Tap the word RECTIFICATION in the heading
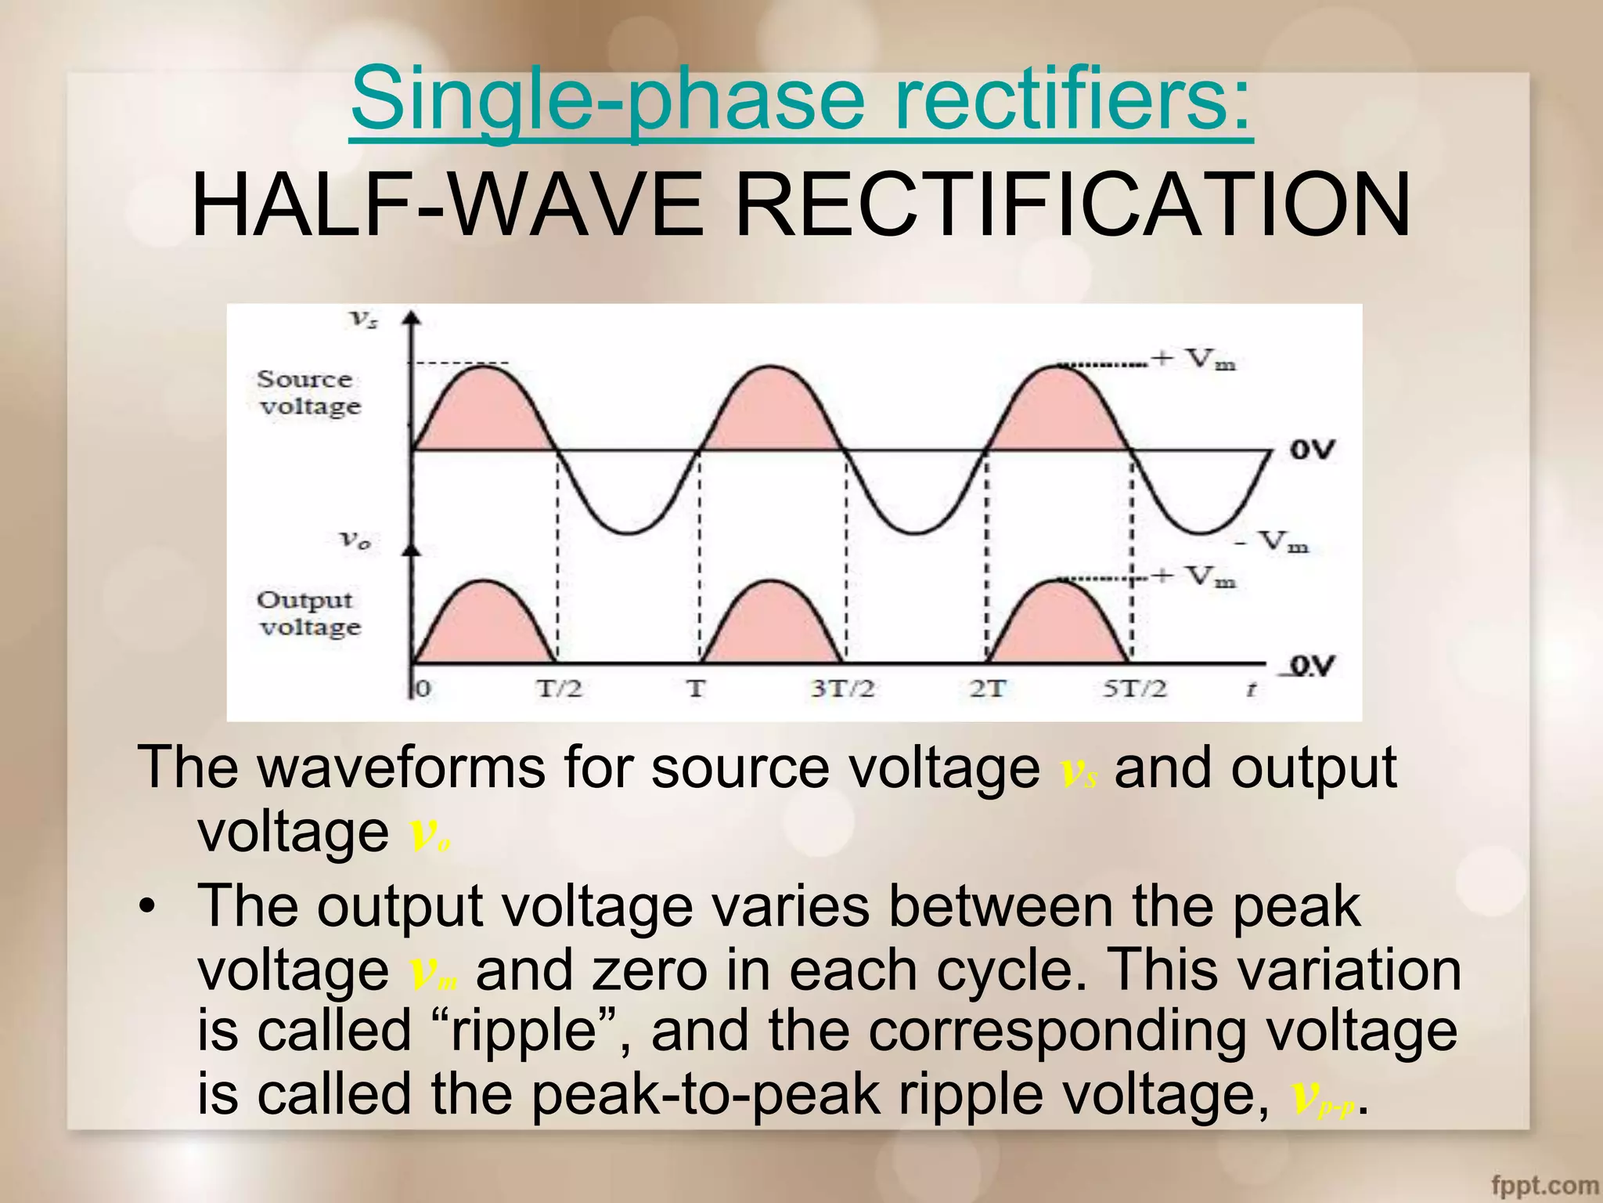tap(1072, 205)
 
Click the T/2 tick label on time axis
tap(559, 689)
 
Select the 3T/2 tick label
tap(842, 689)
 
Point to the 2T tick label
tap(986, 689)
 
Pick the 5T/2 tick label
tap(1134, 689)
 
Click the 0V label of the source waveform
tap(1312, 450)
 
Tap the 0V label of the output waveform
tap(1312, 666)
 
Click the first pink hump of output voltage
tap(485, 627)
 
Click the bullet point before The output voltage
tap(146, 909)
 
